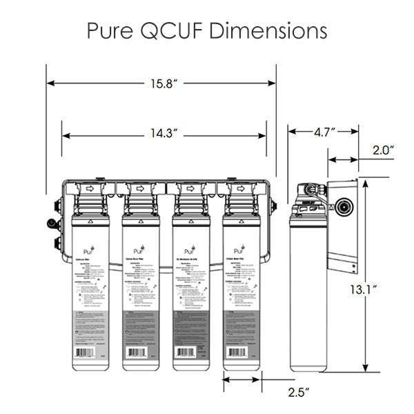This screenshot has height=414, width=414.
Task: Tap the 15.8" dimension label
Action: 161,83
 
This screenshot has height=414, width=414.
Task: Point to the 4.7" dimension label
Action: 323,130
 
